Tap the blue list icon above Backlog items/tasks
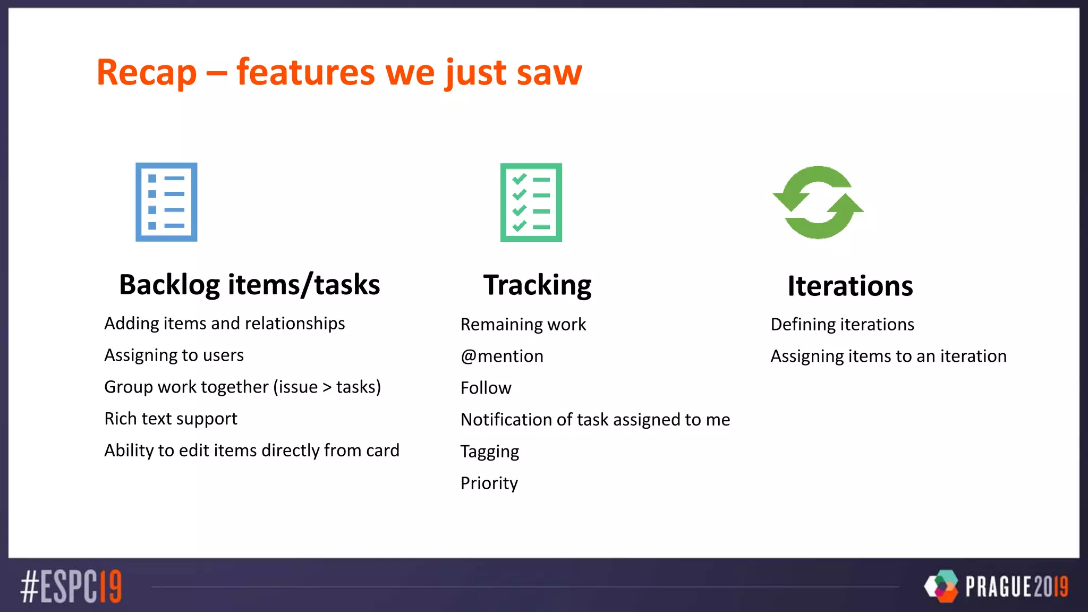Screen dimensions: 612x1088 [x=166, y=202]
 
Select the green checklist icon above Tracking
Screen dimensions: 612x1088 [x=531, y=202]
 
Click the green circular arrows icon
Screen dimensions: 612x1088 [x=818, y=202]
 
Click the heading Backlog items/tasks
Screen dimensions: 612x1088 [x=249, y=285]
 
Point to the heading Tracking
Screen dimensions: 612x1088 [x=537, y=285]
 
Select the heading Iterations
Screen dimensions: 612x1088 [x=850, y=286]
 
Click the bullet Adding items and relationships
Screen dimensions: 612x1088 [x=224, y=324]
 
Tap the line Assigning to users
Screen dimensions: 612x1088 [x=174, y=355]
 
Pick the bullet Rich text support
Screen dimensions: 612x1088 [x=171, y=419]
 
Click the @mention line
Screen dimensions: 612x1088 [x=501, y=356]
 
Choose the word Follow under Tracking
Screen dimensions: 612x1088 [x=486, y=388]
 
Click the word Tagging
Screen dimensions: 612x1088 [x=489, y=452]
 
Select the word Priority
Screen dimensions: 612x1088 [x=489, y=483]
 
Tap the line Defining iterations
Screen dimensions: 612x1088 [x=842, y=325]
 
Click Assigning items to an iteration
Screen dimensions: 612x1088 [x=888, y=356]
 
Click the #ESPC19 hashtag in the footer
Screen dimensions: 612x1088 [x=71, y=586]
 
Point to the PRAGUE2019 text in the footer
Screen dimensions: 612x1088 [x=1016, y=587]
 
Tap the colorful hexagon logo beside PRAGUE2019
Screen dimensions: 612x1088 [x=941, y=586]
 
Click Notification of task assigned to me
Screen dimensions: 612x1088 [x=595, y=420]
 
